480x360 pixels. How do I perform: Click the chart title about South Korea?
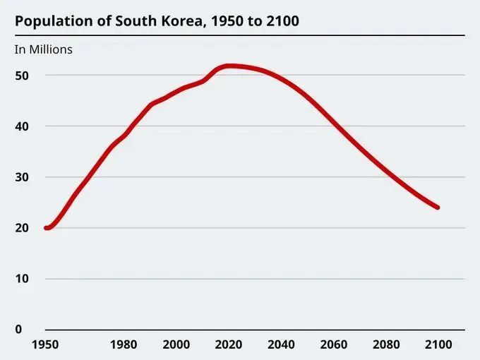[157, 21]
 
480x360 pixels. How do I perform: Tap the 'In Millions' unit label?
[43, 49]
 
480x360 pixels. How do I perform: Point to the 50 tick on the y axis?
[23, 76]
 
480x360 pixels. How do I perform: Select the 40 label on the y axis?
[23, 126]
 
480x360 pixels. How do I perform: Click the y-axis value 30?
[23, 177]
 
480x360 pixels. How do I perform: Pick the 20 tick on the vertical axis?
[23, 228]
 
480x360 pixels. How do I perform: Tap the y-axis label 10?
[23, 279]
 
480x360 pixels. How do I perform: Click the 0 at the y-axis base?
[18, 330]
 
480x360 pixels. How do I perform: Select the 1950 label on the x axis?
[45, 344]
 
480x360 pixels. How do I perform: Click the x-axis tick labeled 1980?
[124, 344]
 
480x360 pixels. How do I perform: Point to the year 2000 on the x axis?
[176, 344]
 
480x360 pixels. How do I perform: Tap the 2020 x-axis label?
[229, 344]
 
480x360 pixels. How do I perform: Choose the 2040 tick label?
[281, 344]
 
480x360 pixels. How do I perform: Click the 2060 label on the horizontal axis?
[333, 344]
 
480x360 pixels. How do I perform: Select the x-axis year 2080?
[385, 344]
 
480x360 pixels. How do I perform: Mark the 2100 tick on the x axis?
[438, 344]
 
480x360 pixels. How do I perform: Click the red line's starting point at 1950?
[46, 227]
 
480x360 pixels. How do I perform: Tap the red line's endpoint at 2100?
[438, 208]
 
